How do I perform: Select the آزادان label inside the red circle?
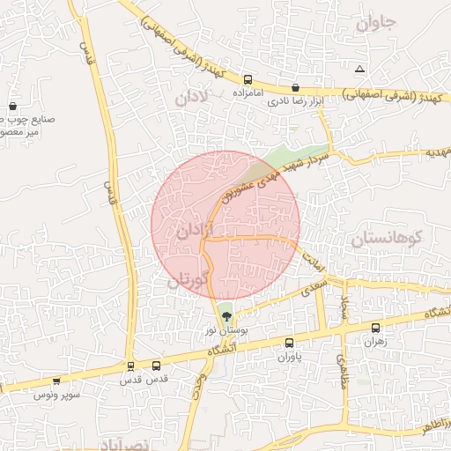(195, 232)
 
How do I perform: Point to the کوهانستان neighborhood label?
(387, 238)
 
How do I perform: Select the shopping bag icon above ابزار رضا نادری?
(294, 88)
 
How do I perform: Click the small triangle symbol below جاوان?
(359, 69)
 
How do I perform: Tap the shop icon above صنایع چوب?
(12, 105)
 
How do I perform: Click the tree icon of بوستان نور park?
(226, 315)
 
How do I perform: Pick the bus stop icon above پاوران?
(290, 343)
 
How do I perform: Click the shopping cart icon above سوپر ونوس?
(57, 381)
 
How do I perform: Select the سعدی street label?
(314, 286)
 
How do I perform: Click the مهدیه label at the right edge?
(438, 152)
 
